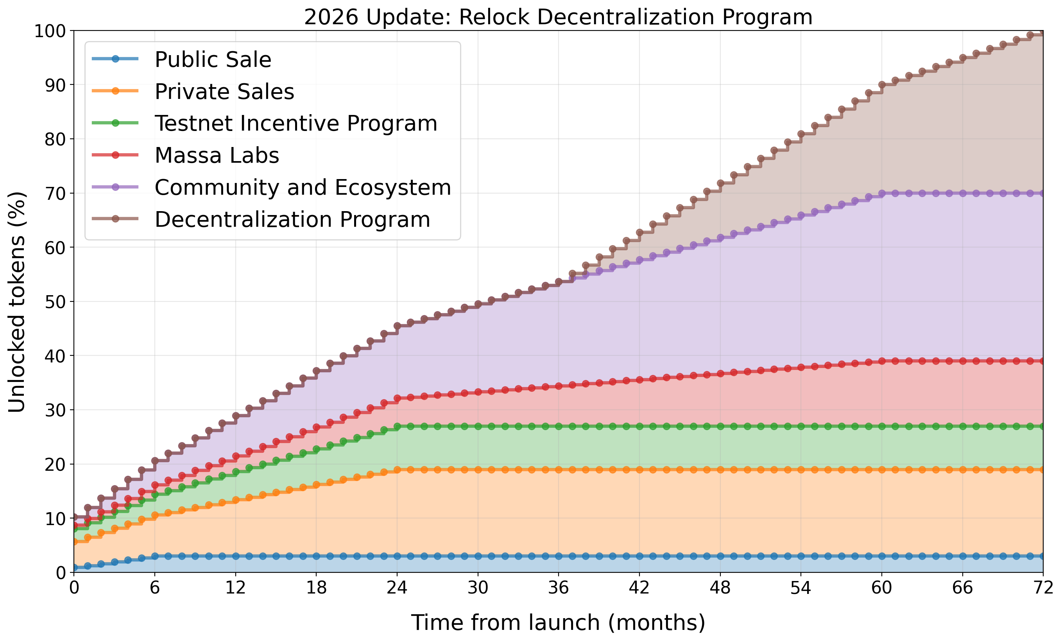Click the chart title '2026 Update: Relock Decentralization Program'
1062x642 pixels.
point(558,17)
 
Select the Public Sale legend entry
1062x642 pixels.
point(213,59)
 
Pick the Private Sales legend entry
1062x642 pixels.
point(224,91)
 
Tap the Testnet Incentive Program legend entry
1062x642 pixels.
point(295,123)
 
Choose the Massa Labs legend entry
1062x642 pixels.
point(217,155)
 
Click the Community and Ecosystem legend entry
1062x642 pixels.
point(303,187)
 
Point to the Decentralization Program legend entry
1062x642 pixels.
point(292,219)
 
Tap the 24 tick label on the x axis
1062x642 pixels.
point(397,588)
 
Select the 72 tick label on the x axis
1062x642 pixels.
point(1043,588)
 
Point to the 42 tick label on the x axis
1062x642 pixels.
point(639,588)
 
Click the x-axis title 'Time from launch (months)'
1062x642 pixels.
point(558,622)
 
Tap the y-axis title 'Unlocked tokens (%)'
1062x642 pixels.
point(17,302)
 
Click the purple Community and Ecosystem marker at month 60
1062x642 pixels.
point(882,194)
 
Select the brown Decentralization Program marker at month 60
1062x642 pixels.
point(882,85)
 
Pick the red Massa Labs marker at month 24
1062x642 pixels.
point(398,398)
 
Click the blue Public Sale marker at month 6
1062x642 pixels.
point(155,556)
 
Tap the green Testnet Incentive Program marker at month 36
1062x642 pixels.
point(559,427)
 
